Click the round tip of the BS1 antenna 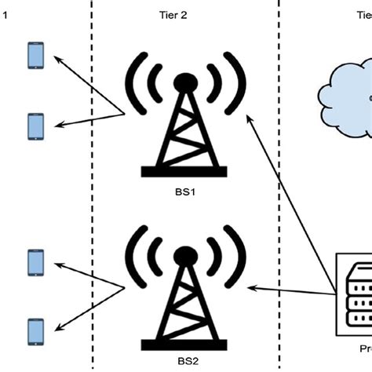coord(184,81)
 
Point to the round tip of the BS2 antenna coord(184,255)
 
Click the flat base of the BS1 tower coord(184,171)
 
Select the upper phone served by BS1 coord(35,56)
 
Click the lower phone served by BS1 coord(35,126)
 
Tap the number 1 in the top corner coord(4,14)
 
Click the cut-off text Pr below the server coord(363,365)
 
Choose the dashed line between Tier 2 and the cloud coord(279,196)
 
